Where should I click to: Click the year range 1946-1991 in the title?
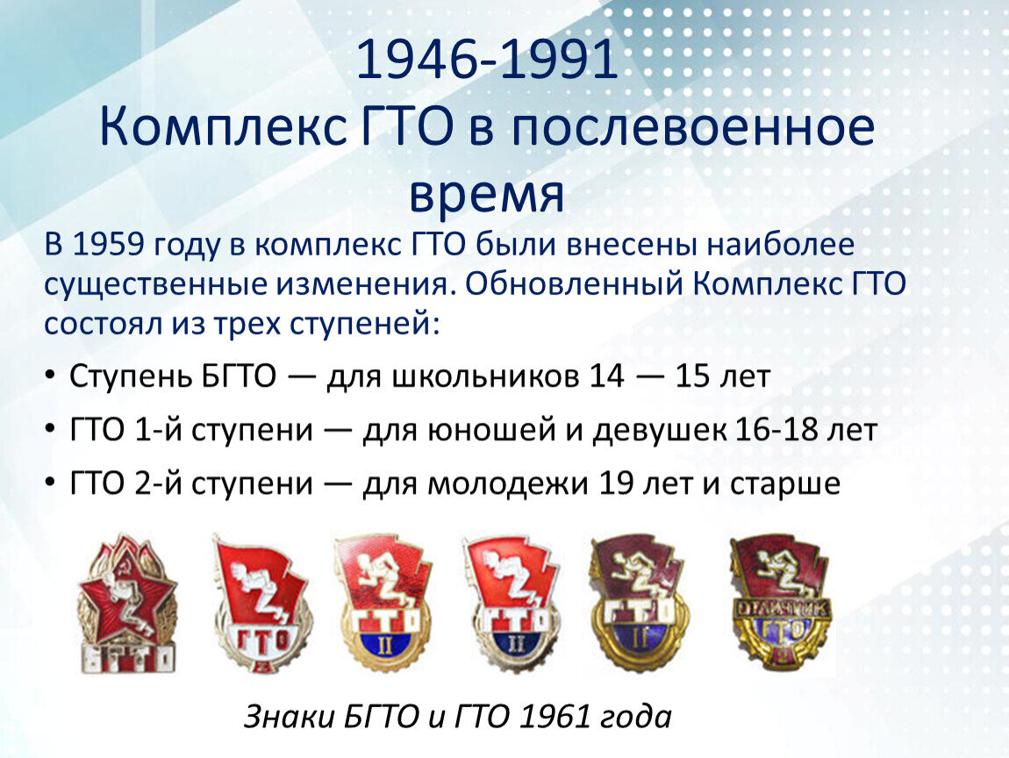(486, 59)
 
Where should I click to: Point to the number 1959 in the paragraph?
(108, 245)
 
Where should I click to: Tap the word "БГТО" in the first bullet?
(239, 375)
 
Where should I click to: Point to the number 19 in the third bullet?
(617, 483)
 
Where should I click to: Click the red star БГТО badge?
(127, 604)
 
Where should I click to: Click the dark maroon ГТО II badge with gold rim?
(640, 602)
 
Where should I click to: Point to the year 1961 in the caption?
(554, 716)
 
